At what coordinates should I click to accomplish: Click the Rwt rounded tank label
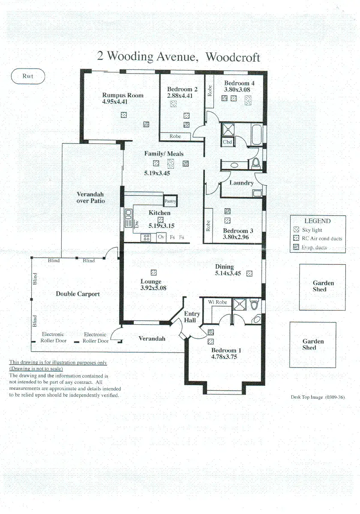click(x=28, y=76)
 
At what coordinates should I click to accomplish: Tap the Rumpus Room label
click(x=123, y=95)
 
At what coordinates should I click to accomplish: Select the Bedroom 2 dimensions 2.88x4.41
click(x=180, y=96)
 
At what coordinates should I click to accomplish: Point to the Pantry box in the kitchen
click(x=171, y=201)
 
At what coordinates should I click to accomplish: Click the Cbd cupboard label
click(x=227, y=142)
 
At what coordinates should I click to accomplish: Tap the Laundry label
click(x=242, y=183)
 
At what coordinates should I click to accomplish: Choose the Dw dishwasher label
click(x=137, y=224)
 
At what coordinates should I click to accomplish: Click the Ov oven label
click(x=161, y=236)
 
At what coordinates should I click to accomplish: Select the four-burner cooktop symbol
click(x=146, y=237)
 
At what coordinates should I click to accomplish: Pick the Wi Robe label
click(x=217, y=302)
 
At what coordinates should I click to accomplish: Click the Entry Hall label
click(x=192, y=317)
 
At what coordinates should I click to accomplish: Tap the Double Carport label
click(x=78, y=294)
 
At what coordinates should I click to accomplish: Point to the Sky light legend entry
click(x=308, y=230)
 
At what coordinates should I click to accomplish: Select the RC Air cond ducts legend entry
click(x=318, y=239)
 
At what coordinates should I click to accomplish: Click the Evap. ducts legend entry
click(x=310, y=247)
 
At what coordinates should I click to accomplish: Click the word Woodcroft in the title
click(x=233, y=57)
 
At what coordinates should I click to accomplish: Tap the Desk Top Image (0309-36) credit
click(x=318, y=397)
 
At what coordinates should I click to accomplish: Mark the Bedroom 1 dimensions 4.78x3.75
click(x=224, y=356)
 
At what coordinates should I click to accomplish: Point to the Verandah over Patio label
click(x=90, y=197)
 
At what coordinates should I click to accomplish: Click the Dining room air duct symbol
click(x=249, y=274)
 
